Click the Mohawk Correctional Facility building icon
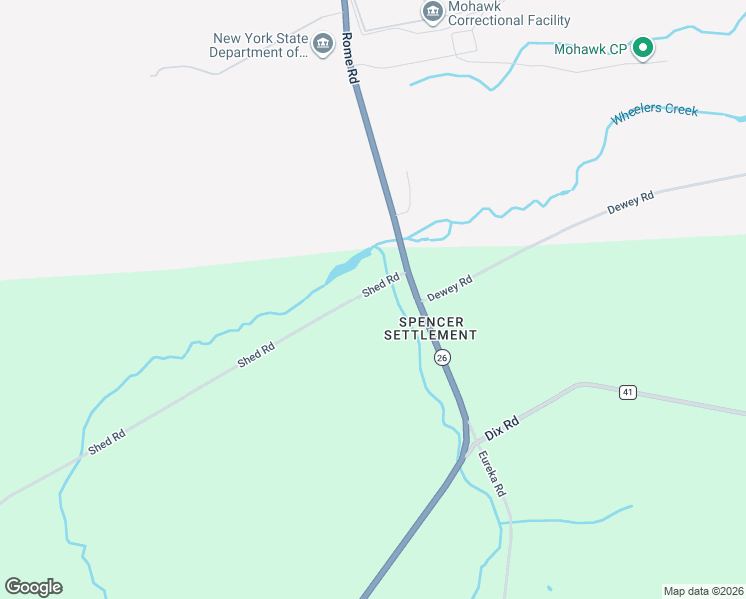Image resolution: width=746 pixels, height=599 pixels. pyautogui.click(x=432, y=11)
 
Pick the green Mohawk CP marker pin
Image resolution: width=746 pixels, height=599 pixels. pyautogui.click(x=644, y=46)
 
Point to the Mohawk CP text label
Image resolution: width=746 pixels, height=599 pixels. pyautogui.click(x=589, y=47)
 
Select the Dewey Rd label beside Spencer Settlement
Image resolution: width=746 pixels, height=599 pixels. pyautogui.click(x=449, y=290)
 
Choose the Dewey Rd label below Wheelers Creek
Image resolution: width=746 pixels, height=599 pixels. pyautogui.click(x=631, y=203)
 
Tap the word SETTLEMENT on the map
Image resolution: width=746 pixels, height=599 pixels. pyautogui.click(x=431, y=336)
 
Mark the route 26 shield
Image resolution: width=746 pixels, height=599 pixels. pyautogui.click(x=442, y=357)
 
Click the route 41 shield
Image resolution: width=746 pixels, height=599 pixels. pyautogui.click(x=627, y=393)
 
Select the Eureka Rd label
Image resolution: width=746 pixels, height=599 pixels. pyautogui.click(x=491, y=475)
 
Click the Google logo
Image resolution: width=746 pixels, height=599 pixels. pyautogui.click(x=33, y=586)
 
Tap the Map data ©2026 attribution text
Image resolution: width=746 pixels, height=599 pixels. pyautogui.click(x=702, y=590)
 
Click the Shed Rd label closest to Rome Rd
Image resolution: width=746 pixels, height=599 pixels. pyautogui.click(x=380, y=285)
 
